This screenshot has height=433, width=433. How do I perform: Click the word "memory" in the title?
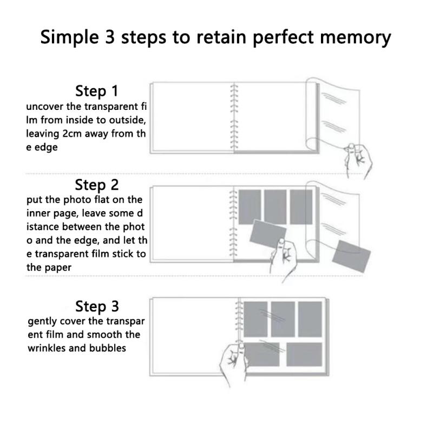tap(356, 37)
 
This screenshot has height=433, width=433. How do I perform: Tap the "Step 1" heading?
tap(97, 91)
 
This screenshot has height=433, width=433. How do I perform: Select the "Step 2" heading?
tap(97, 185)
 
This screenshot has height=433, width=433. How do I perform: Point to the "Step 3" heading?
tap(97, 306)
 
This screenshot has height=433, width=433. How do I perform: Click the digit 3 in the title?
tap(110, 37)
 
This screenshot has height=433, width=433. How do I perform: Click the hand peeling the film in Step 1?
tap(358, 160)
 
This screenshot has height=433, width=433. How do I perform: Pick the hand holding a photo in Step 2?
tap(284, 259)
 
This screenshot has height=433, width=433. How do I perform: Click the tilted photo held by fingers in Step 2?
tap(268, 234)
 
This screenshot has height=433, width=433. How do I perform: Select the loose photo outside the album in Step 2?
tap(351, 256)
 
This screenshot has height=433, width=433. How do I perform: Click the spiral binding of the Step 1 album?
tap(234, 117)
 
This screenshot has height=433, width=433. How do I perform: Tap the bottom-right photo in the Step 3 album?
tap(304, 355)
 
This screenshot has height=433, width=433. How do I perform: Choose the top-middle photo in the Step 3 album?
tap(283, 319)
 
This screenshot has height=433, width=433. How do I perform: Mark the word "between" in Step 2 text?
tap(82, 227)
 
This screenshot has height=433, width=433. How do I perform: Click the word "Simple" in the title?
tap(70, 37)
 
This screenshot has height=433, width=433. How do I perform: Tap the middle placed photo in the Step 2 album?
tap(275, 207)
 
